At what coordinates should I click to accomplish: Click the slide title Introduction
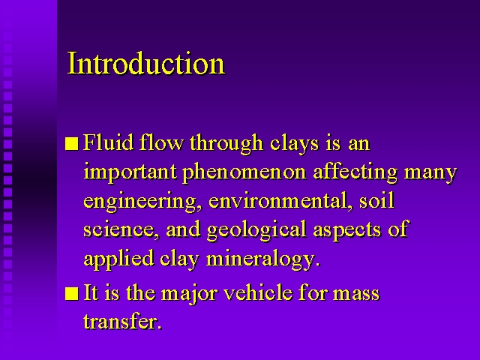[x=146, y=63]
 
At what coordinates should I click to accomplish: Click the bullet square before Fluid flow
[x=72, y=143]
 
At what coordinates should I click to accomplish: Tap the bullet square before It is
[x=72, y=293]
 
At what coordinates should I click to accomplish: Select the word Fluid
[x=108, y=142]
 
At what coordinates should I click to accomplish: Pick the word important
[x=130, y=172]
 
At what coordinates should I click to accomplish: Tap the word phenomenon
[x=244, y=172]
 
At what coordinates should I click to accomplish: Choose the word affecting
[x=355, y=172]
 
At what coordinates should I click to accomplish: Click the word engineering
[x=142, y=202]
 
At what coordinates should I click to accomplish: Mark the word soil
[x=376, y=201]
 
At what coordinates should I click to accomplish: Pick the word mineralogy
[x=263, y=259]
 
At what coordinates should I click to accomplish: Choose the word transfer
[x=122, y=322]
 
